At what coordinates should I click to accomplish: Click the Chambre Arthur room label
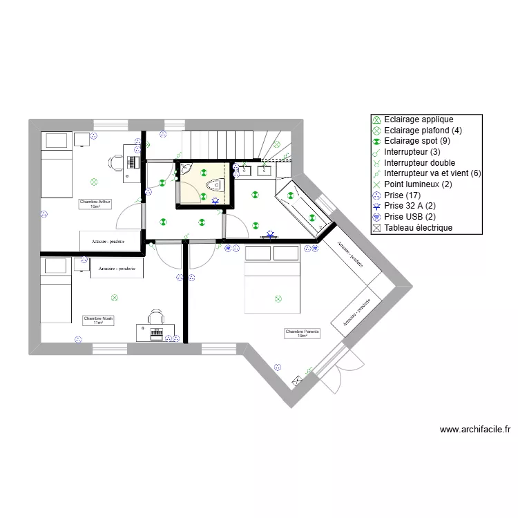(x=95, y=204)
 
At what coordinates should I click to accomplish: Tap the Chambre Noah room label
(x=98, y=320)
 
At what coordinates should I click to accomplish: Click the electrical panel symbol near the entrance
(x=298, y=379)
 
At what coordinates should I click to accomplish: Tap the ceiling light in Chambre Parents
(x=278, y=298)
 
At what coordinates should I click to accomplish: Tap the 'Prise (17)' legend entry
(x=403, y=195)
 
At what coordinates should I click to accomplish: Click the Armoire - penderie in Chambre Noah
(x=117, y=268)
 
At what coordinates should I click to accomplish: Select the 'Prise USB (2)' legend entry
(x=410, y=216)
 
